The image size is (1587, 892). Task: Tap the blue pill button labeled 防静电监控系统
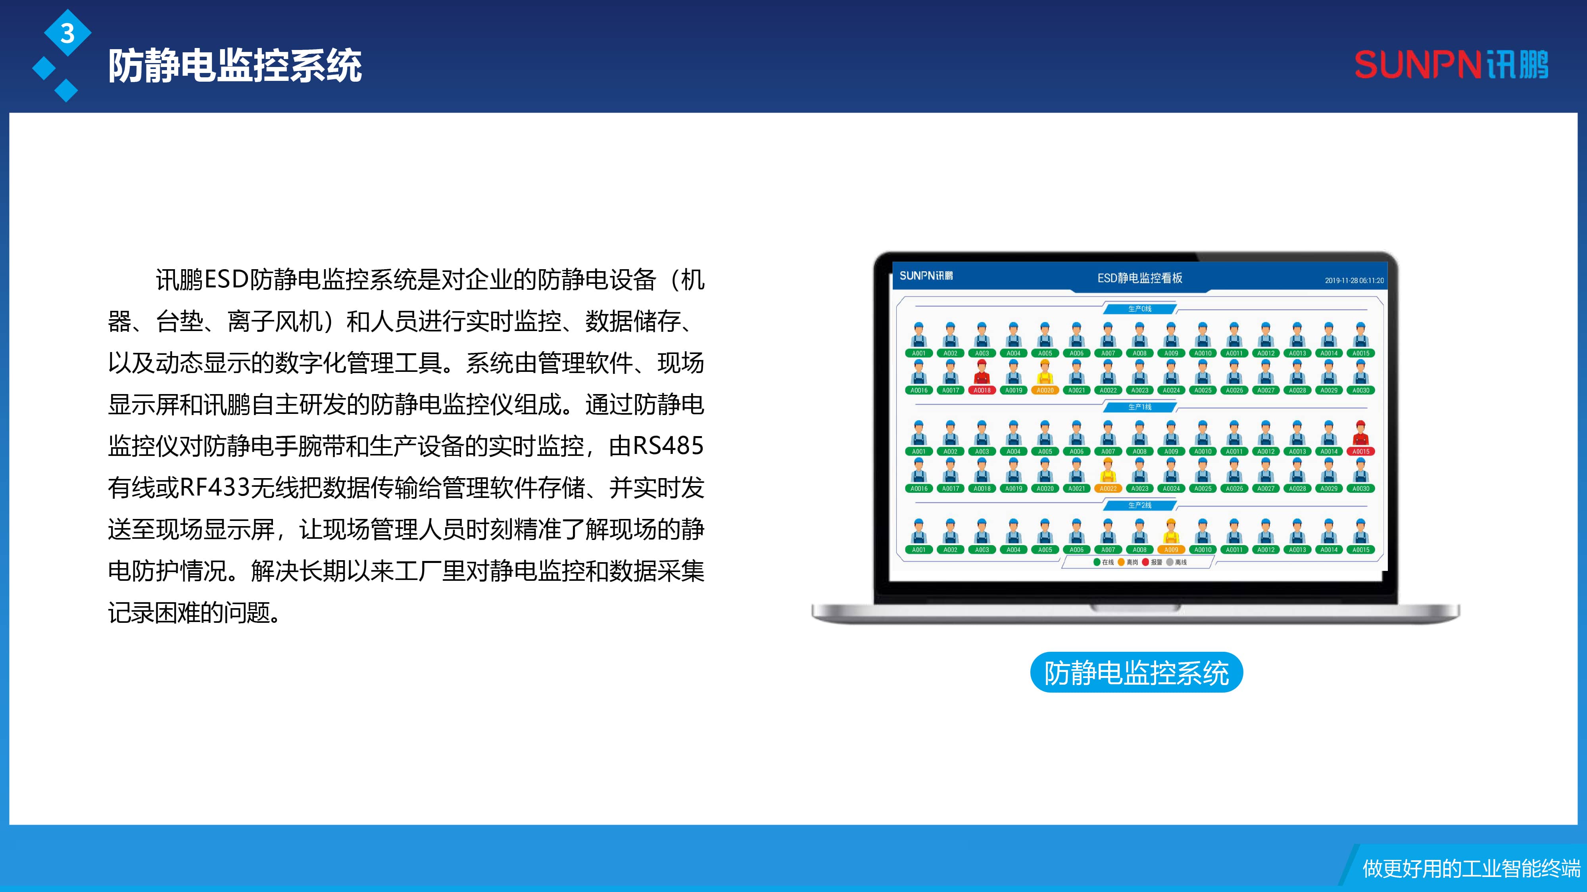1136,672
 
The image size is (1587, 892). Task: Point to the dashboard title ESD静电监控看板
1140,278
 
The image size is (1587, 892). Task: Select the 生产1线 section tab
1140,407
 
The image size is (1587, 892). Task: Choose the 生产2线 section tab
1140,505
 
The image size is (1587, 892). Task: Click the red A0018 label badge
982,390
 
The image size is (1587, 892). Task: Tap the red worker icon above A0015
1360,433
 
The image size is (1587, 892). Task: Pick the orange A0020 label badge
1045,390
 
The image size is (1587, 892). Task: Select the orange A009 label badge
1170,550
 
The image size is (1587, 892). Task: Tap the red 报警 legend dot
1145,562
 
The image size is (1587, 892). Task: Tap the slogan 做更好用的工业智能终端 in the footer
1471,869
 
